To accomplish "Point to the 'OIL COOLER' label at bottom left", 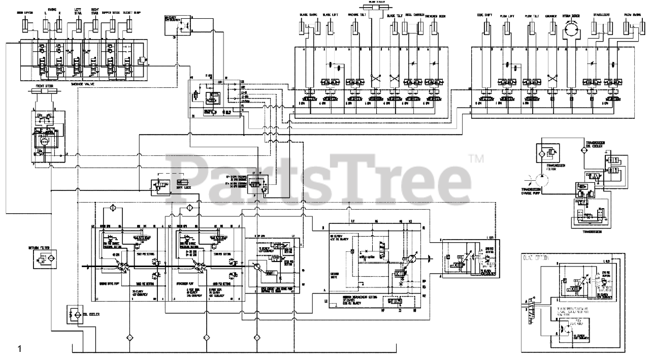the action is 91,314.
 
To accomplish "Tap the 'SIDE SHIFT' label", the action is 486,16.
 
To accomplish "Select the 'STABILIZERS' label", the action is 603,16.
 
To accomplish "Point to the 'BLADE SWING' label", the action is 308,16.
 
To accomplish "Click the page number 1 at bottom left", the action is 20,349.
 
